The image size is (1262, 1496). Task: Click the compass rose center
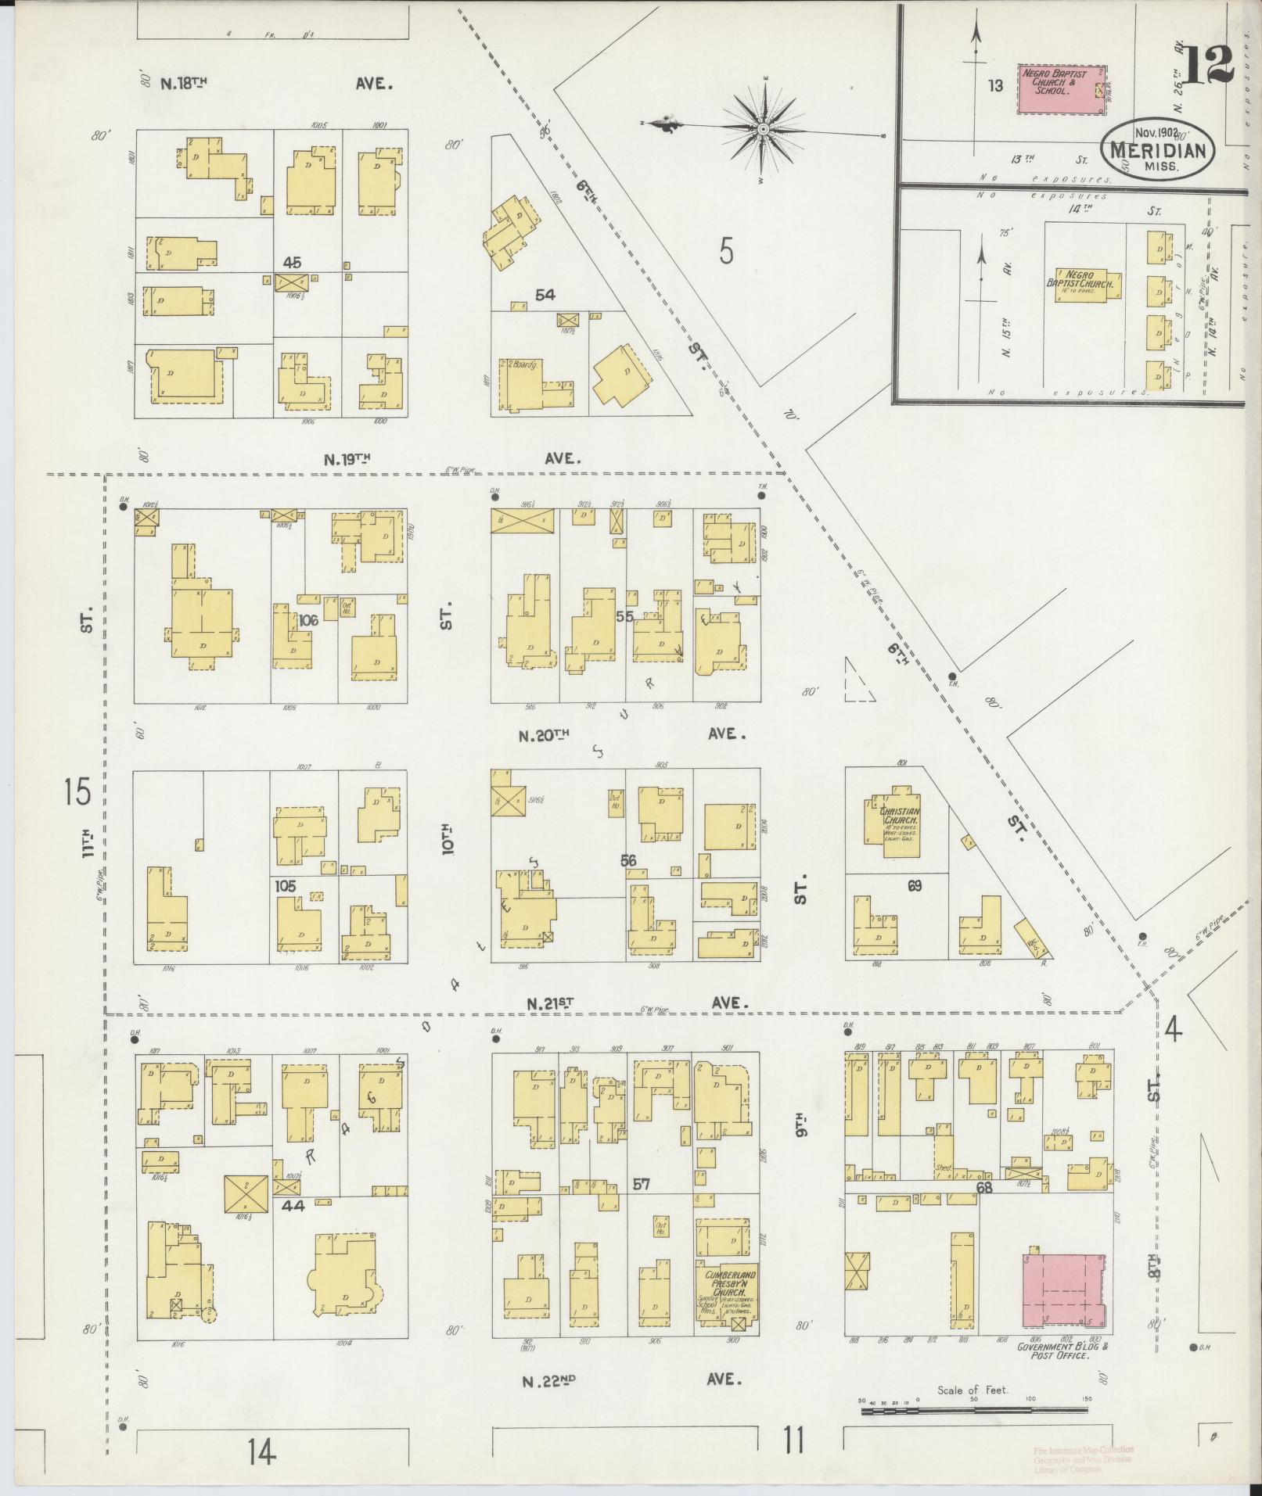coord(762,127)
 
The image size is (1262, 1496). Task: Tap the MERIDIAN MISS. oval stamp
coord(1159,149)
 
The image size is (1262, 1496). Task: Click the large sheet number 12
coord(1208,65)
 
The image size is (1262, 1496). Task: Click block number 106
coord(308,619)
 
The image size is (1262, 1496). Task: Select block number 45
coord(292,262)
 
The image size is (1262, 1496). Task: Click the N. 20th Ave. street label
coord(630,734)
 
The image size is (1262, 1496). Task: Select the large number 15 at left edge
coord(77,791)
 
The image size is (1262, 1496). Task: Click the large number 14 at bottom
coord(261,1452)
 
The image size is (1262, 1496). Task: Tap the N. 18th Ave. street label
coord(274,83)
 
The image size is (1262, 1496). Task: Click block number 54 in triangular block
coord(545,294)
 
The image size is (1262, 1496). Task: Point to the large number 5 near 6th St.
coord(727,252)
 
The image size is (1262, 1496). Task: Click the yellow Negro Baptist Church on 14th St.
coord(1088,285)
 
